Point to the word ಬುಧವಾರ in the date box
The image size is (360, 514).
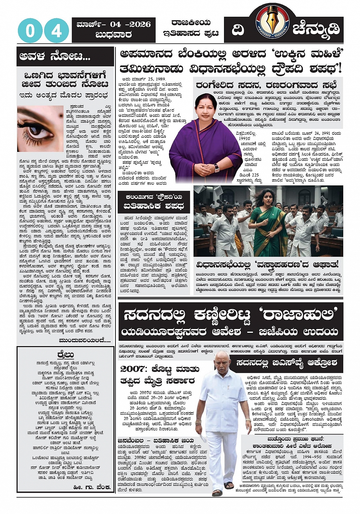pyautogui.click(x=114, y=35)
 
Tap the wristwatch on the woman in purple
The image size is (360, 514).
pyautogui.click(x=216, y=168)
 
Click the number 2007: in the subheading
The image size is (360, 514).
pyautogui.click(x=134, y=369)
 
